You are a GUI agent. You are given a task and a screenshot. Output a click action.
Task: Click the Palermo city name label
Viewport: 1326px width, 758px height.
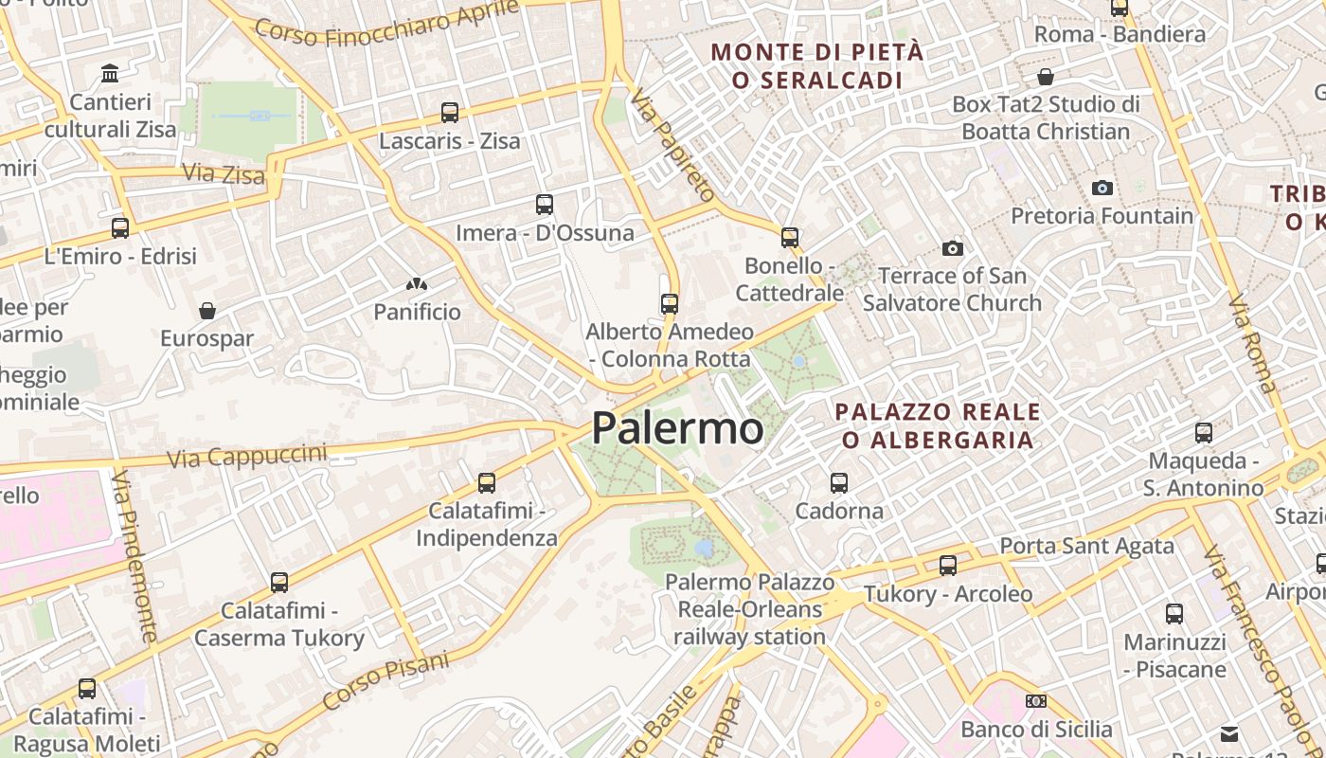click(677, 428)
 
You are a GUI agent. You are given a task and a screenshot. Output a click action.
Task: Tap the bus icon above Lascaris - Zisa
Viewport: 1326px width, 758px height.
click(450, 113)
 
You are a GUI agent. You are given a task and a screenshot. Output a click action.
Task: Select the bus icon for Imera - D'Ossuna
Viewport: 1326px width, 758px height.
click(545, 204)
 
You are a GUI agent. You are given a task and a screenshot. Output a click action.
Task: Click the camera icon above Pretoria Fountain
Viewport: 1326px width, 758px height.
click(1102, 188)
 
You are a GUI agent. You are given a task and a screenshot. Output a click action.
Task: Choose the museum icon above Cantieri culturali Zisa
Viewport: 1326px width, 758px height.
click(110, 73)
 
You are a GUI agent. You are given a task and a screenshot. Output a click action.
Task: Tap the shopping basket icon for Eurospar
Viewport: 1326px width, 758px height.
click(207, 311)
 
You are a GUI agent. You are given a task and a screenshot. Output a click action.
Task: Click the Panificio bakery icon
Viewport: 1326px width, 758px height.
click(416, 283)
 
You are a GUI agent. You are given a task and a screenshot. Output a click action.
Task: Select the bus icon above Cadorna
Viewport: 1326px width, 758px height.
click(839, 483)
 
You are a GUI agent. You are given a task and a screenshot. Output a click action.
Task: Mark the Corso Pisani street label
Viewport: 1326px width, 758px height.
click(385, 680)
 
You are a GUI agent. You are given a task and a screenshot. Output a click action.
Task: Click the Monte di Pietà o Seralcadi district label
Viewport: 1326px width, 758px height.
click(816, 66)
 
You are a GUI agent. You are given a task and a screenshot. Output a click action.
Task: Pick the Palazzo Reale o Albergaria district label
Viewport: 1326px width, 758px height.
click(938, 425)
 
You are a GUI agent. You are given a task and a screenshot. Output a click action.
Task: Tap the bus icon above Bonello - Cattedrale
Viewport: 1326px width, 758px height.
click(790, 237)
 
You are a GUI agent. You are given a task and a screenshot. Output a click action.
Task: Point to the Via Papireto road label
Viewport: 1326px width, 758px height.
click(673, 146)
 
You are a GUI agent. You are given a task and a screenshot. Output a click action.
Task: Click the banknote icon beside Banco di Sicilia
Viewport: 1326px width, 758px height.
click(1036, 701)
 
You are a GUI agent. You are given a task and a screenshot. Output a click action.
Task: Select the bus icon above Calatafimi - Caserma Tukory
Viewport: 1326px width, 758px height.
click(279, 582)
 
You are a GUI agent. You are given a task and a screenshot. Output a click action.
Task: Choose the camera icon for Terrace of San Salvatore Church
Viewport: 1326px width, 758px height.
click(953, 248)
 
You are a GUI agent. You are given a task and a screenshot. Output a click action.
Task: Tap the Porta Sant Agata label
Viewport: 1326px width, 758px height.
click(1087, 546)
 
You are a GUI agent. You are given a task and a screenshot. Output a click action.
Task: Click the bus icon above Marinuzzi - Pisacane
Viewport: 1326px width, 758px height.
click(1174, 613)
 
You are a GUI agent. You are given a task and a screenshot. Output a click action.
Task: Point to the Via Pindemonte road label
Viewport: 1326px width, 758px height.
click(136, 559)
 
